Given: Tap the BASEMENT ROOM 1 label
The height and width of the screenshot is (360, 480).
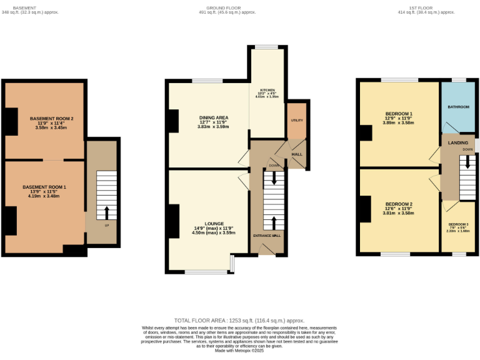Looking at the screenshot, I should point(44,187).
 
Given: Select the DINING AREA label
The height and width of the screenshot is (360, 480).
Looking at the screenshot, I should point(214,117).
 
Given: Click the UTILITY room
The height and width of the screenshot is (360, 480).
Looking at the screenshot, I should point(296,120).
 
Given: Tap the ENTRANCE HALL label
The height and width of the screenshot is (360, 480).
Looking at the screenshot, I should point(267,236).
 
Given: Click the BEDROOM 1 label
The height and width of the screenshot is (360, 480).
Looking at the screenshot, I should point(398,114).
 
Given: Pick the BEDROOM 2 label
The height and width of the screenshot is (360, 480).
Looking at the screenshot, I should point(398,204).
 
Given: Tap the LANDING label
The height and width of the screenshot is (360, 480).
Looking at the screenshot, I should point(457,143).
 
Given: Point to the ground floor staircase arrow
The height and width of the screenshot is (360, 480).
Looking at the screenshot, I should point(273,222).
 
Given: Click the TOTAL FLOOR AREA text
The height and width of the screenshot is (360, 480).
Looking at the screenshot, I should point(239,319).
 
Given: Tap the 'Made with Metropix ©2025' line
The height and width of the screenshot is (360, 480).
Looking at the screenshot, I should point(239,351).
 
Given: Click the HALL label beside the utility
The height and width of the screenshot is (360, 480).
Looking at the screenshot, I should point(297,154).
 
